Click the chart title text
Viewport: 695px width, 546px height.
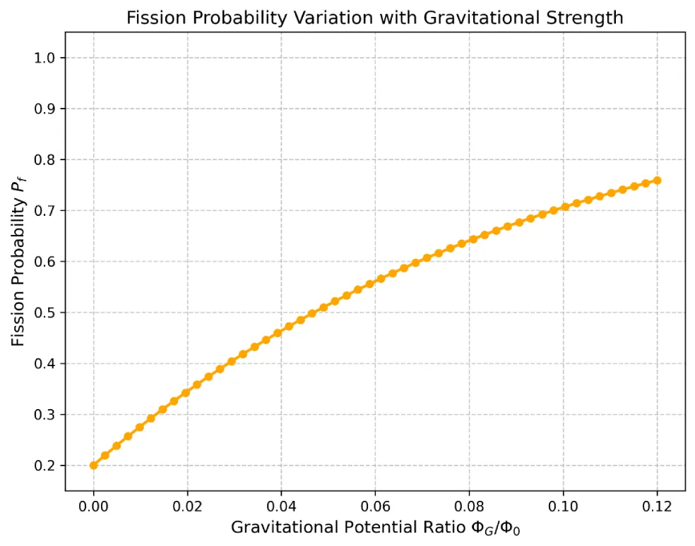[x=374, y=18]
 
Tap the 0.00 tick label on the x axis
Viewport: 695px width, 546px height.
[x=93, y=505]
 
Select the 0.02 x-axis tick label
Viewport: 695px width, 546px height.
[x=187, y=505]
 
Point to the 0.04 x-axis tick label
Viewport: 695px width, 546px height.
[x=281, y=505]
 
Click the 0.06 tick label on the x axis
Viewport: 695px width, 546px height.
[x=375, y=505]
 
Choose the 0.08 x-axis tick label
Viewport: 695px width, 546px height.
[x=469, y=505]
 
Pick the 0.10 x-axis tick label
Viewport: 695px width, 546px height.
[x=563, y=505]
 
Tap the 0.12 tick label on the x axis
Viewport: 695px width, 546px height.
[x=657, y=505]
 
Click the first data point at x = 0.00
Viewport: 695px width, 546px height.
[x=93, y=466]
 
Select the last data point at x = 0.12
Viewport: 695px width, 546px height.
[x=657, y=181]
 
